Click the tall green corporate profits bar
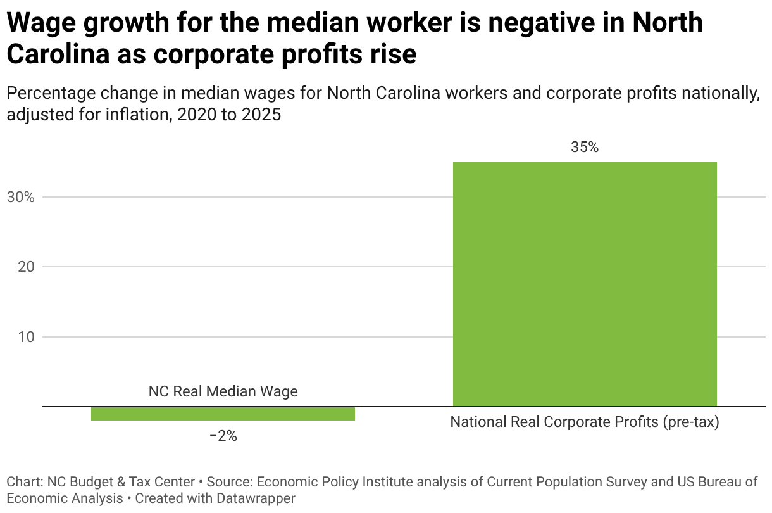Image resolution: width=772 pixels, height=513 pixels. pos(585,284)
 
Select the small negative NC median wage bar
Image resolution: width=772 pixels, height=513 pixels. pos(223,414)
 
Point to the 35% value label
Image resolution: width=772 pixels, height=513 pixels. pos(585,147)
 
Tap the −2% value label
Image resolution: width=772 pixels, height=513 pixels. pos(223,436)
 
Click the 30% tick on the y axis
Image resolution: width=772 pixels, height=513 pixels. pos(21,198)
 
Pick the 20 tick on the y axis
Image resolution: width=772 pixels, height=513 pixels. pos(26,267)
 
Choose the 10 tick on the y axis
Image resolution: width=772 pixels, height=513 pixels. pos(26,337)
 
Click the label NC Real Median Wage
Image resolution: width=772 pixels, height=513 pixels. pos(223,391)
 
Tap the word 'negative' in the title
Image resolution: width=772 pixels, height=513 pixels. pos(541,23)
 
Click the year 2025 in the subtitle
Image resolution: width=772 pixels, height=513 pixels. pos(261,115)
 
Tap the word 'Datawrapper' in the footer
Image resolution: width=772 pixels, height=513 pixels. pos(256,498)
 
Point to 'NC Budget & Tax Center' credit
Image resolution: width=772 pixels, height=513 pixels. pos(121,482)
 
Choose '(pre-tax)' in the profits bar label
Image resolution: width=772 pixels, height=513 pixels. pos(691,422)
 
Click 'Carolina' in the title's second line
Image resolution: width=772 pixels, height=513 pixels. pos(58,55)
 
